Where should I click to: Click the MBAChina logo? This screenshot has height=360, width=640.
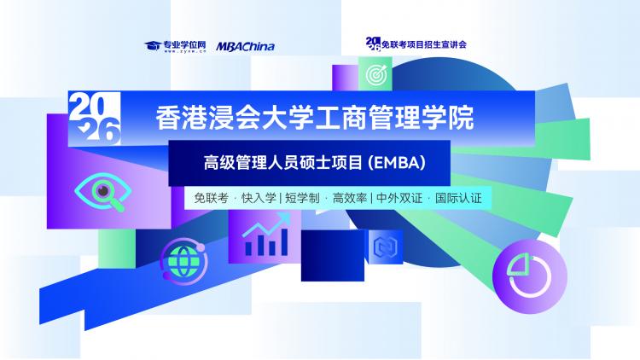click(245, 47)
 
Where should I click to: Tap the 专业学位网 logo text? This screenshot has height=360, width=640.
click(184, 45)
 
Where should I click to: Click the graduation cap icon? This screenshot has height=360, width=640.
click(153, 45)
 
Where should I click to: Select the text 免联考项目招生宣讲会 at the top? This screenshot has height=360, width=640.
click(423, 44)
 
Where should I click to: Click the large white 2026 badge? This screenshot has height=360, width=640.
click(95, 119)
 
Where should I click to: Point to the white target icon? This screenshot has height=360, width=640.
click(376, 75)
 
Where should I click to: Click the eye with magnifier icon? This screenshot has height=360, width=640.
click(103, 192)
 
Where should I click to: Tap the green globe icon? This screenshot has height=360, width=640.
click(183, 261)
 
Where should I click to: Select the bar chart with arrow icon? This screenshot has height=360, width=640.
click(265, 235)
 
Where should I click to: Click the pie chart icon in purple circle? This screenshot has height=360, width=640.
click(529, 276)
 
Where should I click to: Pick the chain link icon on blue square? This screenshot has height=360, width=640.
click(386, 247)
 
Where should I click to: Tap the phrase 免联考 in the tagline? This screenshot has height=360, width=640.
click(211, 199)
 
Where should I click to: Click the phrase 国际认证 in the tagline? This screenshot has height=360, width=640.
click(458, 199)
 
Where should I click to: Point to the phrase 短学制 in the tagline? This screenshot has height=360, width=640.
click(302, 199)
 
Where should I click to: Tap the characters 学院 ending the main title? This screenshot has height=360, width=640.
click(448, 118)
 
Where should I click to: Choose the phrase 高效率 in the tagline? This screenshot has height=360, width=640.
click(350, 199)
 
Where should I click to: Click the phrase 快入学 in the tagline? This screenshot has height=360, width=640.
click(259, 199)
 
